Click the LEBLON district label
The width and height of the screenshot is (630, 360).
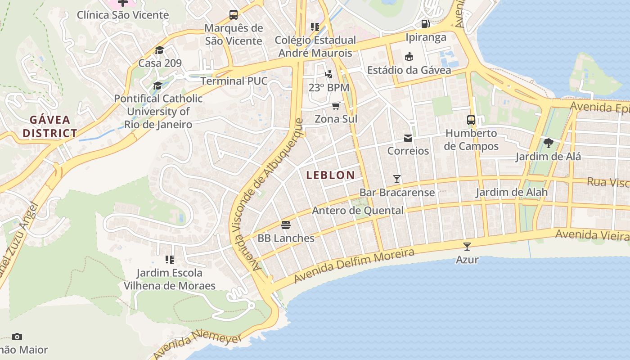pos(330,175)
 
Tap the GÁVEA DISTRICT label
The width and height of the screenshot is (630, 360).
pos(50,126)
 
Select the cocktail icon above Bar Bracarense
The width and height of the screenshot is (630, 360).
pos(396,179)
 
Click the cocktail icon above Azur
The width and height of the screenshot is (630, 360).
pos(467,246)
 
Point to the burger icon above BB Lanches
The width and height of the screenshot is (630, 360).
pos(286,225)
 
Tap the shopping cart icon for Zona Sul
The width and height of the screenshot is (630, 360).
pos(336,106)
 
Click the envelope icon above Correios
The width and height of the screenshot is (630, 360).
pos(408,138)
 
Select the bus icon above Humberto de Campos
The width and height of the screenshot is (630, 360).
pos(471,120)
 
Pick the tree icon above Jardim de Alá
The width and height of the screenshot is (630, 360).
pos(548,144)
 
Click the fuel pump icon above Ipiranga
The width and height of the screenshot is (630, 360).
pos(425,23)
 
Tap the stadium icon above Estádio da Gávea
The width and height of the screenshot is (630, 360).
pos(409,57)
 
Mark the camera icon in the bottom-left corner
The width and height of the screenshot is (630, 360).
pos(17,337)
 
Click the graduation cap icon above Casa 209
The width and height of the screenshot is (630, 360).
pos(160,49)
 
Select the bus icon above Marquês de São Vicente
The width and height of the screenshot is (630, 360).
pos(234,15)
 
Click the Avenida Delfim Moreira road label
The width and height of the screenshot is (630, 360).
pos(354,266)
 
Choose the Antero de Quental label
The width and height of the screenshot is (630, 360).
pos(358,211)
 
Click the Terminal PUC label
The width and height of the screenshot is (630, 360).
pos(234,81)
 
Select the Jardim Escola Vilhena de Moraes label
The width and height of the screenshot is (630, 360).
pos(170,279)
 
